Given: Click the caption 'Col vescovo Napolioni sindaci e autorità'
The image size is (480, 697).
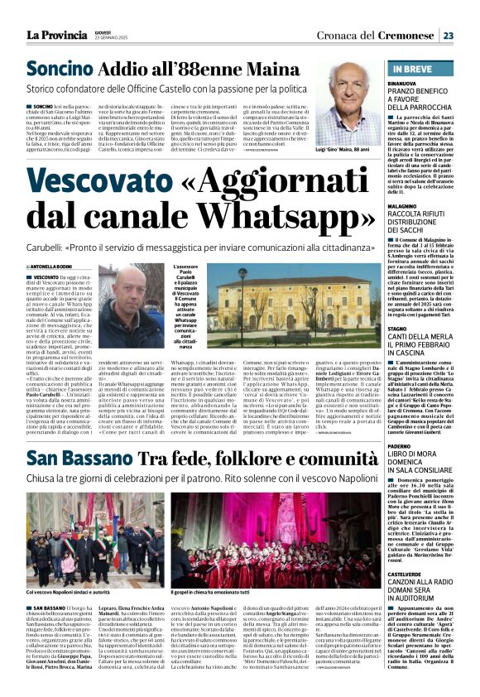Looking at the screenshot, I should coord(69,592).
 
